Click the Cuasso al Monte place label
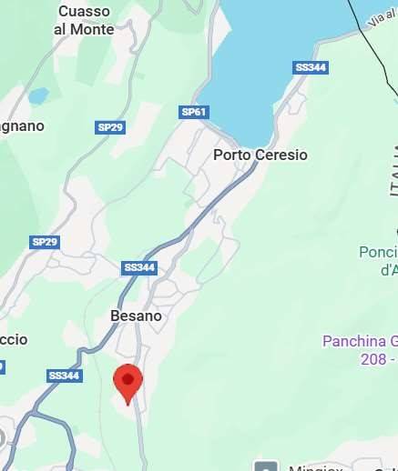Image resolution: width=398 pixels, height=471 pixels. (84, 20)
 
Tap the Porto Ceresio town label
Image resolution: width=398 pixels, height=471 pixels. (260, 155)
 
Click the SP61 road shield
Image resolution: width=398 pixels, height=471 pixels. (194, 112)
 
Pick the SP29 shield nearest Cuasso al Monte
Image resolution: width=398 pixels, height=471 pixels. (110, 127)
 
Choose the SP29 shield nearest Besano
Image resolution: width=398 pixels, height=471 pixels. (45, 242)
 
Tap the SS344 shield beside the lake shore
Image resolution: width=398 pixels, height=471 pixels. (311, 68)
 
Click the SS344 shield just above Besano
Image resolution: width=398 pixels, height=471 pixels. (139, 268)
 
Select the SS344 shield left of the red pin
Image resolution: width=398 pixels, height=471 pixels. (65, 375)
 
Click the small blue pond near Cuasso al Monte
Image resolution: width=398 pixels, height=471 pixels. (38, 95)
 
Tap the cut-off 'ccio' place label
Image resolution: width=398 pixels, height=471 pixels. (14, 339)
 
